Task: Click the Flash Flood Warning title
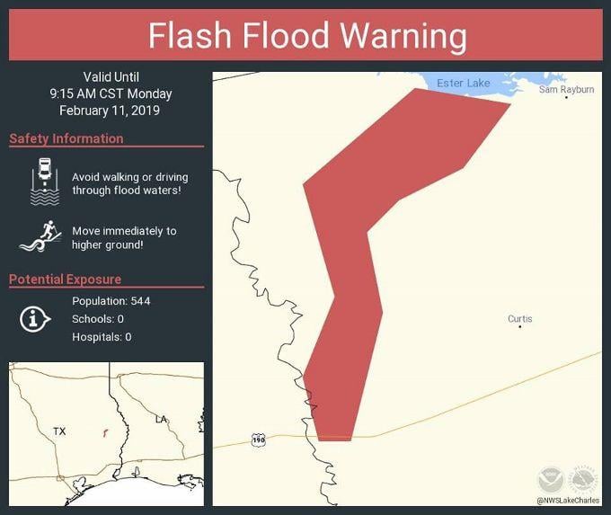pyautogui.click(x=307, y=37)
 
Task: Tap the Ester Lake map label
pyautogui.click(x=464, y=84)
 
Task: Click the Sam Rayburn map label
pyautogui.click(x=566, y=89)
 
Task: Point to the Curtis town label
pyautogui.click(x=519, y=318)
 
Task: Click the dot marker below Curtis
pyautogui.click(x=519, y=326)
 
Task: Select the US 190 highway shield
pyautogui.click(x=259, y=440)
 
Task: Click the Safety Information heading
pyautogui.click(x=66, y=138)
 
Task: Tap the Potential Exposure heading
pyautogui.click(x=65, y=280)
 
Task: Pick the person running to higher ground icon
pyautogui.click(x=40, y=236)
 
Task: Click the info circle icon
pyautogui.click(x=34, y=318)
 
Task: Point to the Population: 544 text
pyautogui.click(x=111, y=300)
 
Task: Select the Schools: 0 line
pyautogui.click(x=97, y=319)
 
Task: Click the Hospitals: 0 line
pyautogui.click(x=102, y=337)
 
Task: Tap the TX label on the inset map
pyautogui.click(x=59, y=431)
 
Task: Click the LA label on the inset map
pyautogui.click(x=161, y=419)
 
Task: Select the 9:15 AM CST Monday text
pyautogui.click(x=111, y=93)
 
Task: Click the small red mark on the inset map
pyautogui.click(x=105, y=431)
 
